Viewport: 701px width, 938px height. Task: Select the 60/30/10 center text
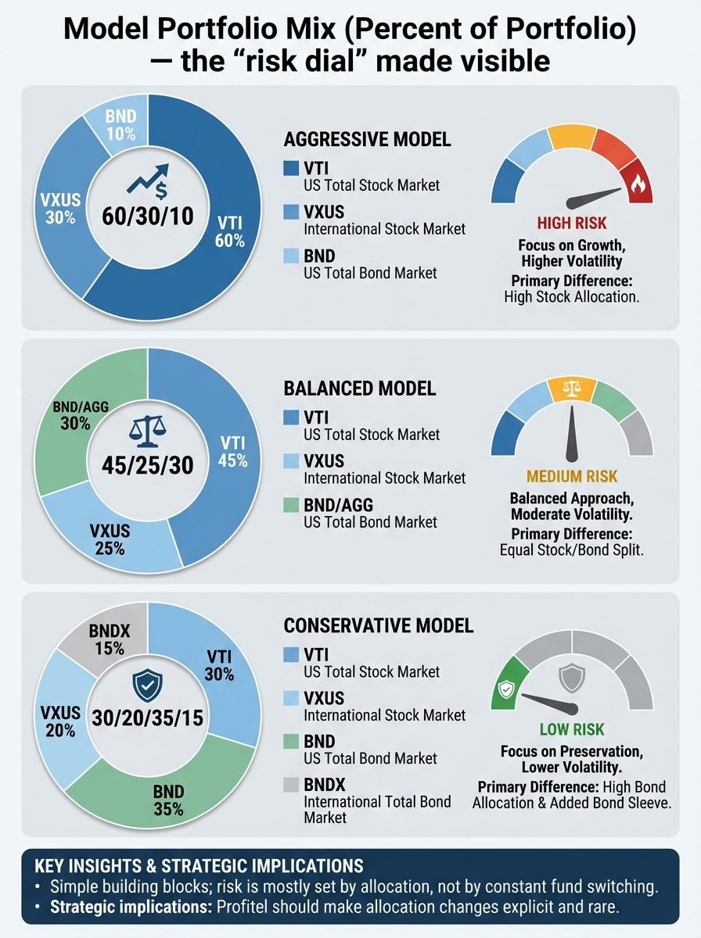point(148,217)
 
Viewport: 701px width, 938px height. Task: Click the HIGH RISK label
point(572,224)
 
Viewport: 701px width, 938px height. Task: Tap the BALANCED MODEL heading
point(360,388)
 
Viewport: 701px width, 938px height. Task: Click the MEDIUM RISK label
point(572,476)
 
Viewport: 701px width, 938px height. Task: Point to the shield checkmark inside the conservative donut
point(146,686)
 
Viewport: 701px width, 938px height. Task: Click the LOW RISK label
point(572,729)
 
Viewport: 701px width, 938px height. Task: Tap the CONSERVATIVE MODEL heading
point(378,625)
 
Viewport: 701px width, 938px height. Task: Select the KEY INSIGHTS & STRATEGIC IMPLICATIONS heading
point(200,865)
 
